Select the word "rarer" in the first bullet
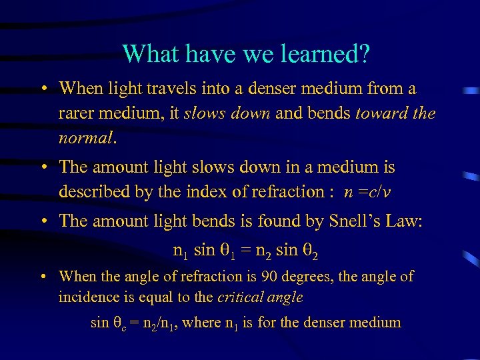pyautogui.click(x=75, y=114)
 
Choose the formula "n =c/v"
pyautogui.click(x=367, y=192)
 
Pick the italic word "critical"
pyautogui.click(x=257, y=297)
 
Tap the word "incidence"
pyautogui.click(x=85, y=297)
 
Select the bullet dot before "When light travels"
pyautogui.click(x=43, y=88)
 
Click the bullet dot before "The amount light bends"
pyautogui.click(x=43, y=221)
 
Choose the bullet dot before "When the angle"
pyautogui.click(x=43, y=276)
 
